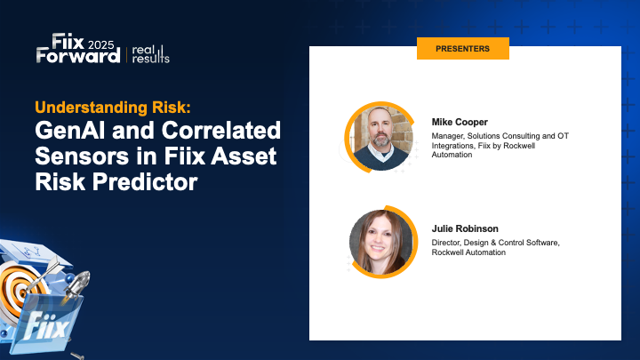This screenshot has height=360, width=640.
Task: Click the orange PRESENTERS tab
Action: pos(462,49)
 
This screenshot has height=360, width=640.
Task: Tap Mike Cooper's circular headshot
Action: pos(382,137)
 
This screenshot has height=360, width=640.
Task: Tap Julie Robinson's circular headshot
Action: pos(382,241)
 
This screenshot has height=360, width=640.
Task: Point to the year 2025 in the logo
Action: pos(104,42)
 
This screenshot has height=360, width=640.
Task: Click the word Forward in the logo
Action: pos(78,56)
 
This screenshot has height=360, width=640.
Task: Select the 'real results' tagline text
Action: pos(150,52)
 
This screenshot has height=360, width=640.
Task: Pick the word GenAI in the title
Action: pos(70,132)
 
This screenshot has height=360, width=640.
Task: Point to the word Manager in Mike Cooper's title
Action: pos(450,135)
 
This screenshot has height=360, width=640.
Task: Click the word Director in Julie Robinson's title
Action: pos(449,242)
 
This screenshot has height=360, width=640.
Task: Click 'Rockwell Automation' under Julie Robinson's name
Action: pos(468,252)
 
